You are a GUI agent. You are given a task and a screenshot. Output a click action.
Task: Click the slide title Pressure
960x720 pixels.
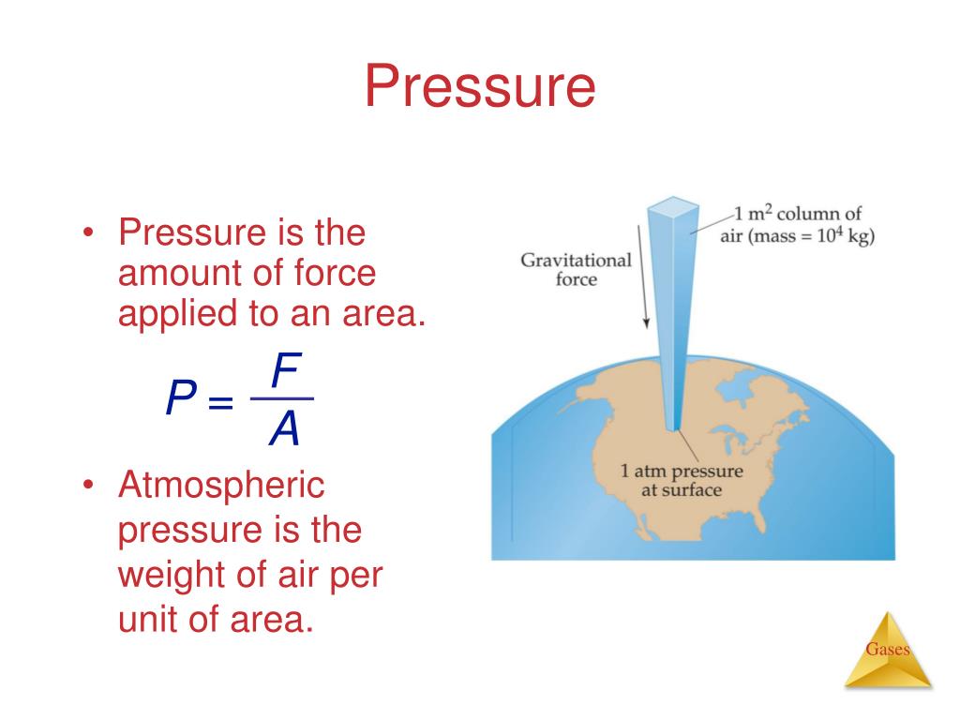(479, 86)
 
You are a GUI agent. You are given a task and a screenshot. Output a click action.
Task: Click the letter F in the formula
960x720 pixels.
(285, 371)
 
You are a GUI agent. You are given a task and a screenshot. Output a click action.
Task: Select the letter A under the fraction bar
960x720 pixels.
(284, 430)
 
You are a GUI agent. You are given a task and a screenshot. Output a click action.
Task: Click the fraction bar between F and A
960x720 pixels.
(282, 399)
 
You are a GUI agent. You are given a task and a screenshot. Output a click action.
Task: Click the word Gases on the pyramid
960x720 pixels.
(887, 650)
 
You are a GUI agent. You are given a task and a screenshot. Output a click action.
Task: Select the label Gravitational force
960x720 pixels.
(576, 269)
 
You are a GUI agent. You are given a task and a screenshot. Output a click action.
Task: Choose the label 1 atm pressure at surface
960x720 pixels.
(681, 480)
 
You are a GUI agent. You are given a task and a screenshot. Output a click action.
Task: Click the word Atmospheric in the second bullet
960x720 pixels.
(220, 486)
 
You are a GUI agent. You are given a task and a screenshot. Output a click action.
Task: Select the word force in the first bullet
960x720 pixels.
(333, 274)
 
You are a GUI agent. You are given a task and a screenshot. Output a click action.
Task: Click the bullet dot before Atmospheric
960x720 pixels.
(89, 486)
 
